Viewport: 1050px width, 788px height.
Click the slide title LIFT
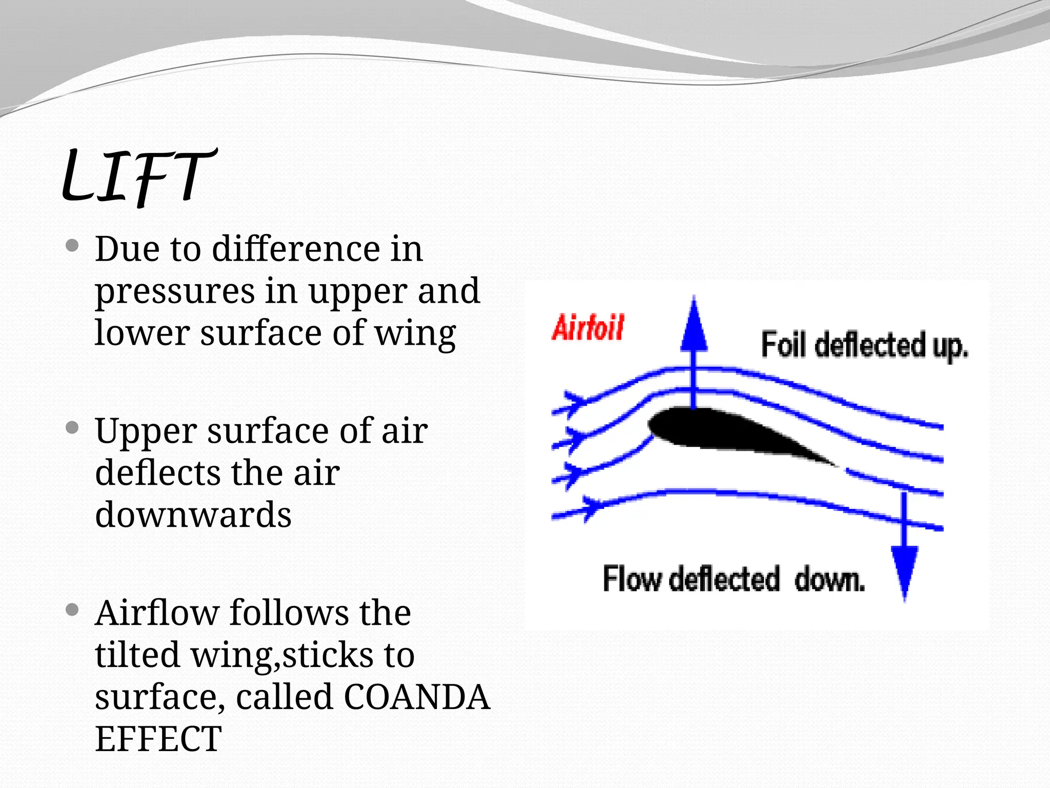click(137, 177)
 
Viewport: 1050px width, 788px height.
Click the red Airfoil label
click(588, 328)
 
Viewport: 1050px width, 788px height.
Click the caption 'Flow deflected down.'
click(734, 580)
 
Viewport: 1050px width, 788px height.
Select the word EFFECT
click(158, 739)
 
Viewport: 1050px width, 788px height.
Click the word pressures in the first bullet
click(175, 292)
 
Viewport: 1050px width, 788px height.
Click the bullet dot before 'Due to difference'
click(72, 246)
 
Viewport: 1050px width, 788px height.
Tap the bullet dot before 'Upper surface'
click(72, 427)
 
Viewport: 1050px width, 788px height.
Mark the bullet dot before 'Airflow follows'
click(72, 609)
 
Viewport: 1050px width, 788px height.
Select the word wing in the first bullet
click(415, 334)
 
